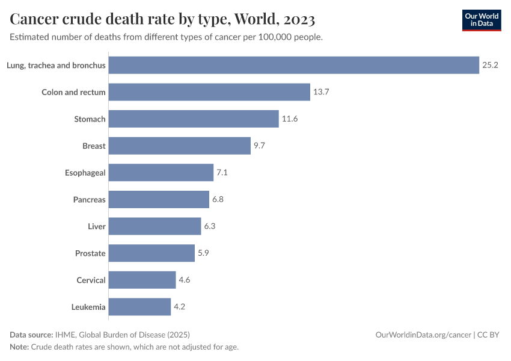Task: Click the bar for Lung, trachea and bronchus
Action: (x=294, y=65)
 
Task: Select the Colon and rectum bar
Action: (x=209, y=92)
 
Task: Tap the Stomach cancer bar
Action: (x=194, y=119)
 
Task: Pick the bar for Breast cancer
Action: (x=180, y=146)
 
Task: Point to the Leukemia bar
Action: (x=139, y=307)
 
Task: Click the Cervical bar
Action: (x=142, y=280)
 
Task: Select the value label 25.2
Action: (x=490, y=65)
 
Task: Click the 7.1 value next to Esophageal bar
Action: (x=222, y=173)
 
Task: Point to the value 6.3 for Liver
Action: (x=210, y=226)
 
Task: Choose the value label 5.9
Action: (x=204, y=253)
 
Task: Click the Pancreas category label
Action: (x=89, y=199)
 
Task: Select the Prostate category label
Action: (x=90, y=253)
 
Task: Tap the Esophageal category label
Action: (x=85, y=173)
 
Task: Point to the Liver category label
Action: (x=96, y=226)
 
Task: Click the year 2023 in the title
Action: (x=296, y=19)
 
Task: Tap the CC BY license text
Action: (x=489, y=335)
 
